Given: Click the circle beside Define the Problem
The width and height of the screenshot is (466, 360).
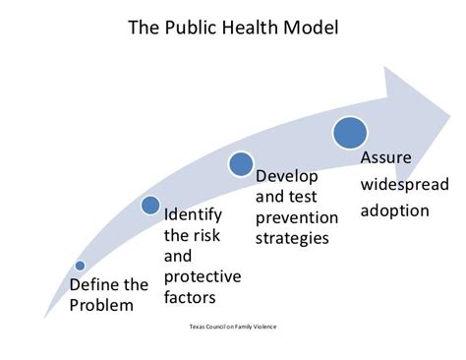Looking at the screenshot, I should click(x=80, y=265).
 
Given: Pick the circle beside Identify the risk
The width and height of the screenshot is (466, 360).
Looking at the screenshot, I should click(x=150, y=205).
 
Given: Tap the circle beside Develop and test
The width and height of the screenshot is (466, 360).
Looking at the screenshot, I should click(x=242, y=163).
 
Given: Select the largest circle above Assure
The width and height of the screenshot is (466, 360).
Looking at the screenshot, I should click(x=350, y=132).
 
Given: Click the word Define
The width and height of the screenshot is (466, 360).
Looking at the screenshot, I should click(x=95, y=285).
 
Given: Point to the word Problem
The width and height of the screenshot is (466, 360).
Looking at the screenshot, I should click(x=100, y=305).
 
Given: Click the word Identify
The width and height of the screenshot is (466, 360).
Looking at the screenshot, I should click(x=193, y=213).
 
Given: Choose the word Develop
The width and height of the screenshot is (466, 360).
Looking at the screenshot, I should click(x=284, y=178).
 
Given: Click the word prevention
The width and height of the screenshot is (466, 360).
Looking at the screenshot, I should click(x=296, y=217).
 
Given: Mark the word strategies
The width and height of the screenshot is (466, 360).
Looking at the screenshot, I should click(x=293, y=237).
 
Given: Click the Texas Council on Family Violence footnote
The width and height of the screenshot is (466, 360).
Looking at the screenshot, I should click(x=232, y=326).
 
